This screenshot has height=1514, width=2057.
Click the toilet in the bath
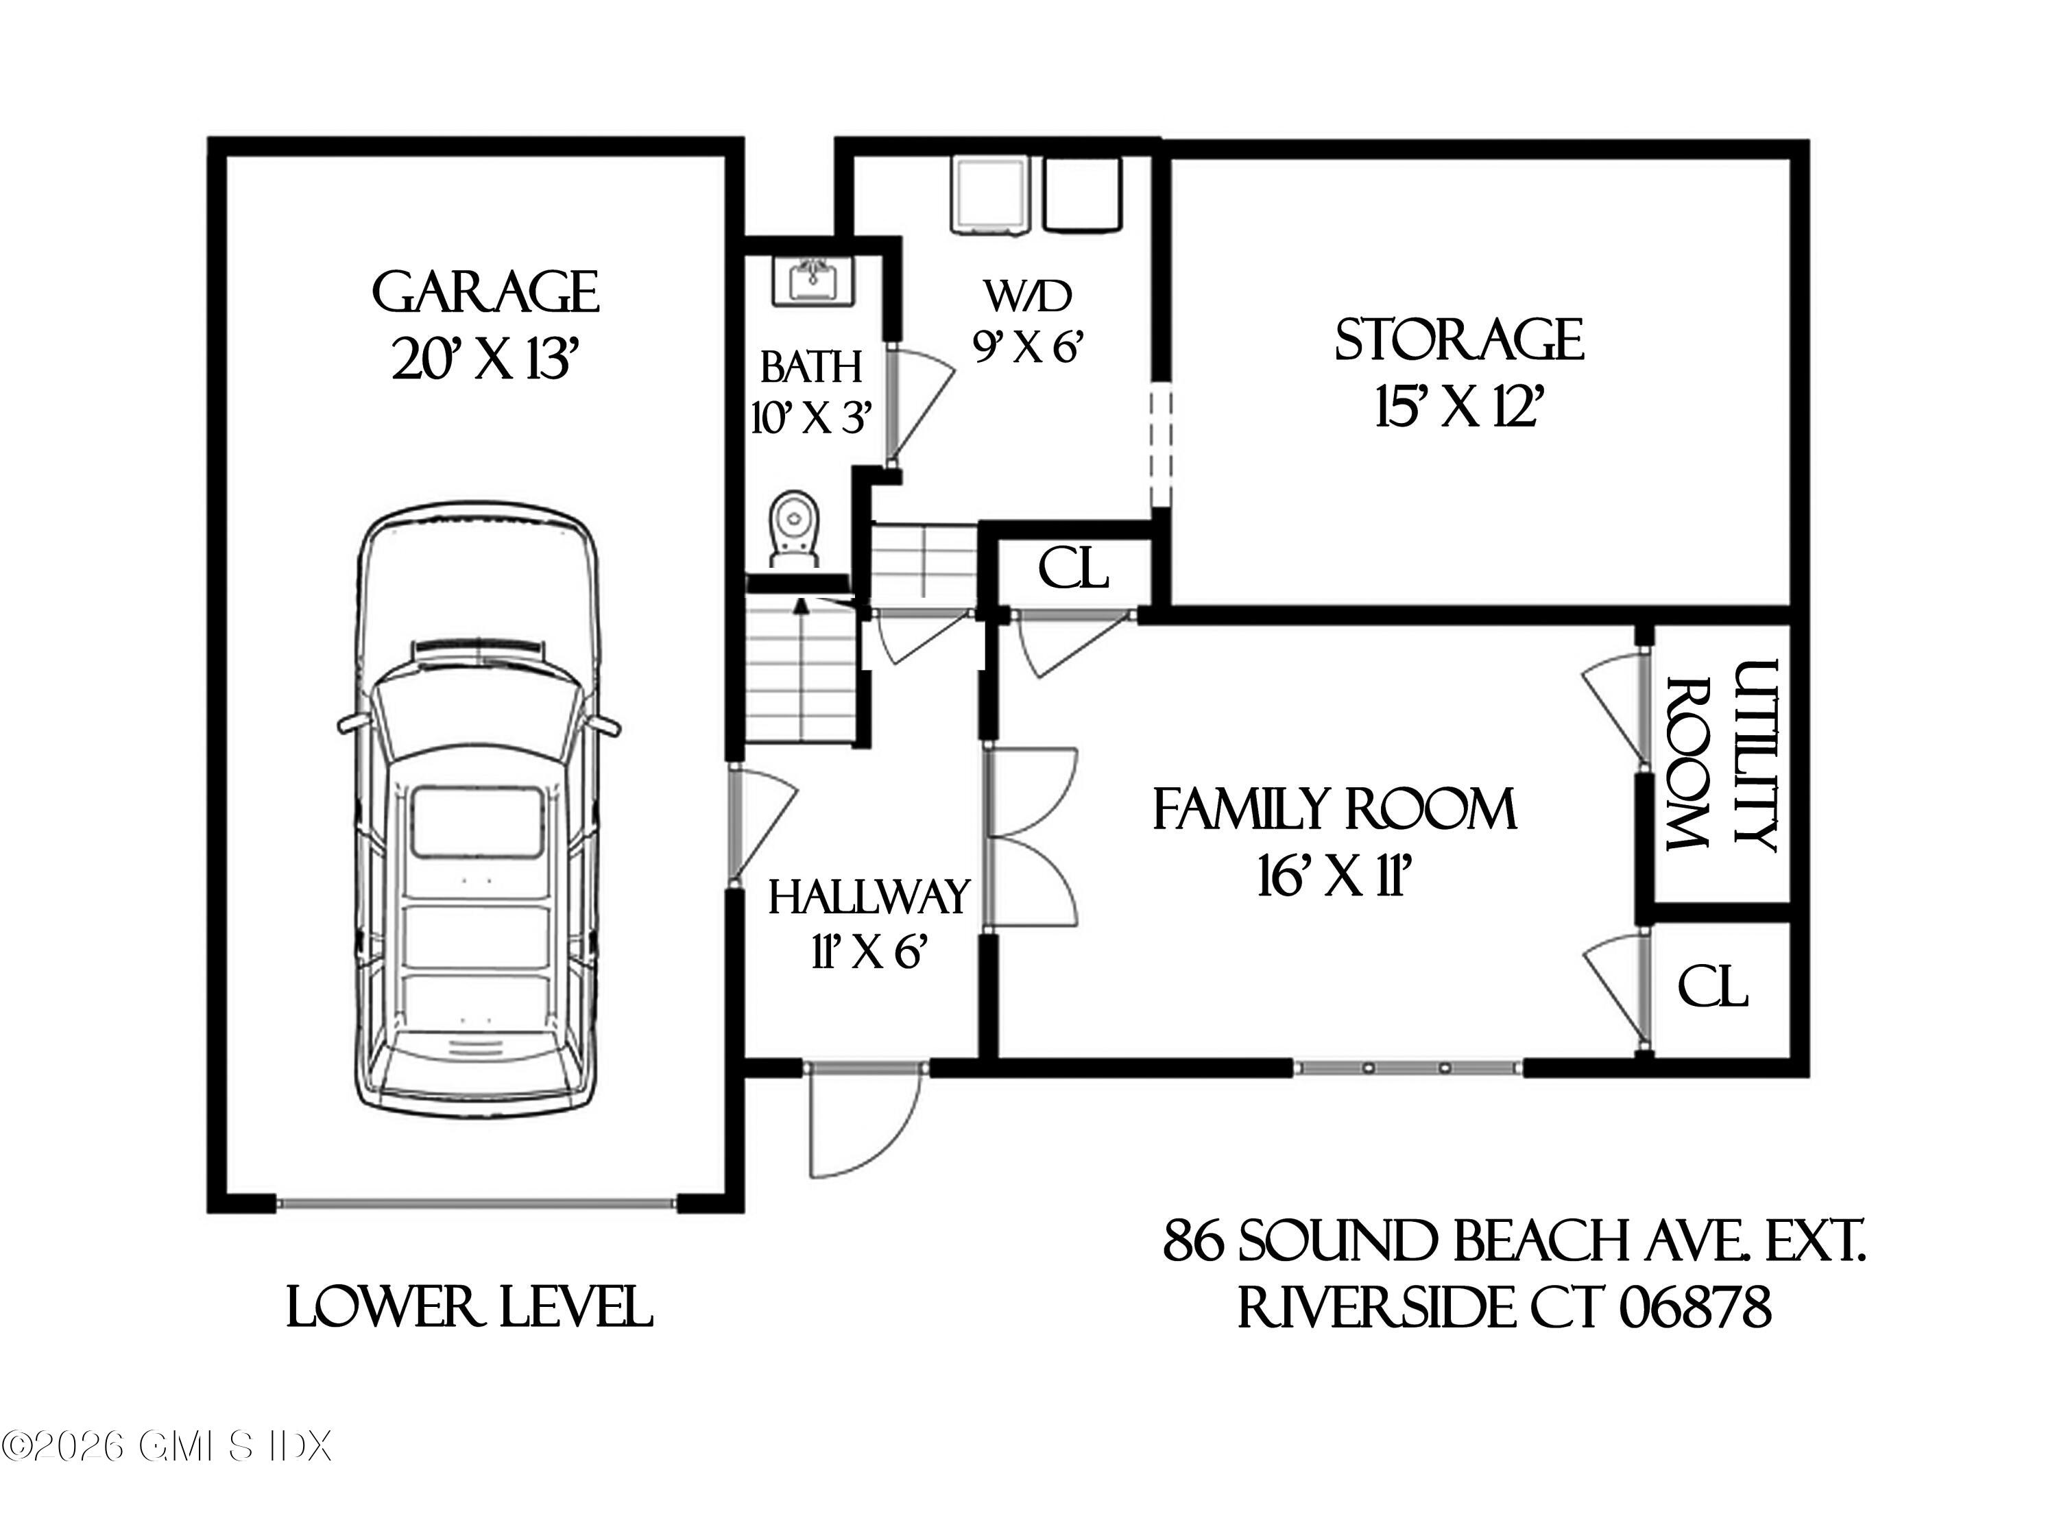pos(793,531)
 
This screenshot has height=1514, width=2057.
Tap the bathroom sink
pos(812,281)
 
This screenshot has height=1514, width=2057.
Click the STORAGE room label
pos(1458,340)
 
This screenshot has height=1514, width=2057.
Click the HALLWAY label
pos(869,897)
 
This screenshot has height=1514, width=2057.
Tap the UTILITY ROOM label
pos(1722,756)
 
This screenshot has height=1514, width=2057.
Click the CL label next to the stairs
pos(1073,569)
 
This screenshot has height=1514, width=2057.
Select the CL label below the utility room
pos(1713,988)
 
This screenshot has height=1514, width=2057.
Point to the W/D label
pos(1028,296)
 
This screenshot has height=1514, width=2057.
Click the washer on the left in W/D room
pos(991,194)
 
